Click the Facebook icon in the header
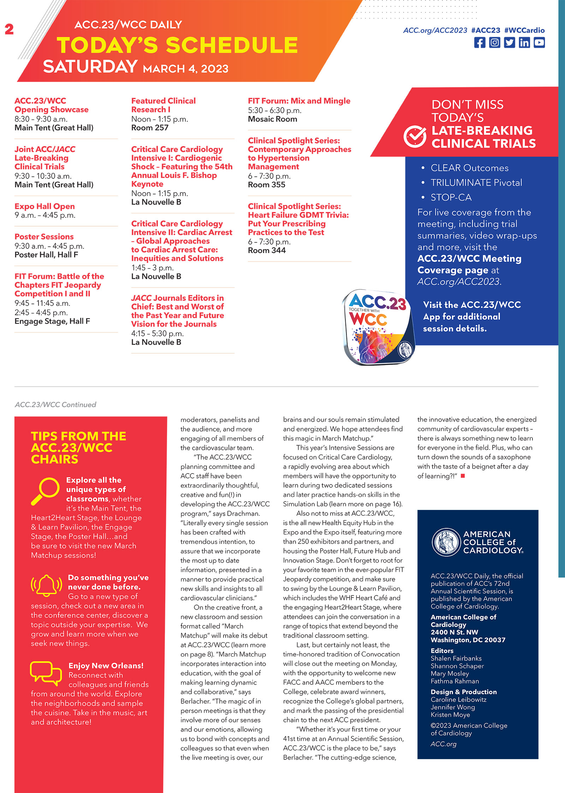pos(480,43)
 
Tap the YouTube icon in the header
pos(539,43)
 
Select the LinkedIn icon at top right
pos(524,43)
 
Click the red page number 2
pos(9,29)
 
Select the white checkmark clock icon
pos(415,136)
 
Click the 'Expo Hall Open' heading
pos(44,206)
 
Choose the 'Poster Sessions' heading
pos(44,237)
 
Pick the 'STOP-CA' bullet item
pos(451,198)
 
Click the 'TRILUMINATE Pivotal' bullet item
pos(476,183)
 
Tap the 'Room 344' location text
pos(267,251)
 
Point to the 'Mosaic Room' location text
pos(272,119)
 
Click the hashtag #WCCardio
pos(524,30)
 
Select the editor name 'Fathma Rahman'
pos(455,681)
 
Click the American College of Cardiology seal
pos(446,542)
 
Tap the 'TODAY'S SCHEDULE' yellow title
pos(177,45)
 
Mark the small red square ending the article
pos(463,476)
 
